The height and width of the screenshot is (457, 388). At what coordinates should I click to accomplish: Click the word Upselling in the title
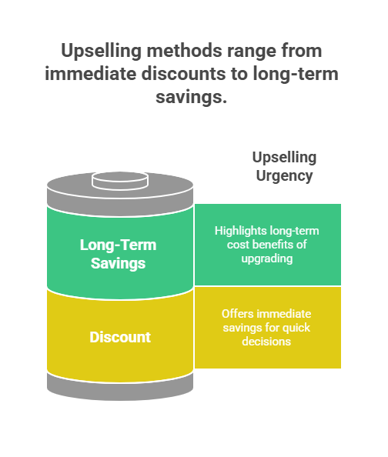101,52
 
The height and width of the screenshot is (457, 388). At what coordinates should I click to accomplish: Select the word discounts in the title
183,74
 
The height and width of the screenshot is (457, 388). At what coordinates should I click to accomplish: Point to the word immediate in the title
90,74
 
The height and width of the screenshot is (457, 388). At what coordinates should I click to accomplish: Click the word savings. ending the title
191,98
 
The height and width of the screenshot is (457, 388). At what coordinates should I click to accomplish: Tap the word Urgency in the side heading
284,176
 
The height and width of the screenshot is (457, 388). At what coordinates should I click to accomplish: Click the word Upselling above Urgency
284,158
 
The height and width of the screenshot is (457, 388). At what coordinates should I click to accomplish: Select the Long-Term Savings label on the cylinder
118,254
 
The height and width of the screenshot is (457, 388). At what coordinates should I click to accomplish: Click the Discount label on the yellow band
120,337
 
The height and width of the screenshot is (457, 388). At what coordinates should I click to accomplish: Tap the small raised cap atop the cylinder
120,181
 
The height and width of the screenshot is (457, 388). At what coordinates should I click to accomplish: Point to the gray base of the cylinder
120,389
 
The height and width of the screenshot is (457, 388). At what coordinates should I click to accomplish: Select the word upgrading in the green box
267,259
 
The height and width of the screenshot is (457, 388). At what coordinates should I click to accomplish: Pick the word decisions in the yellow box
266,342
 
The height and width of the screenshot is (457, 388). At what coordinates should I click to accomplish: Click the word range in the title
252,52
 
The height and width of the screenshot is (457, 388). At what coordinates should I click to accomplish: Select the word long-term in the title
296,74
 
